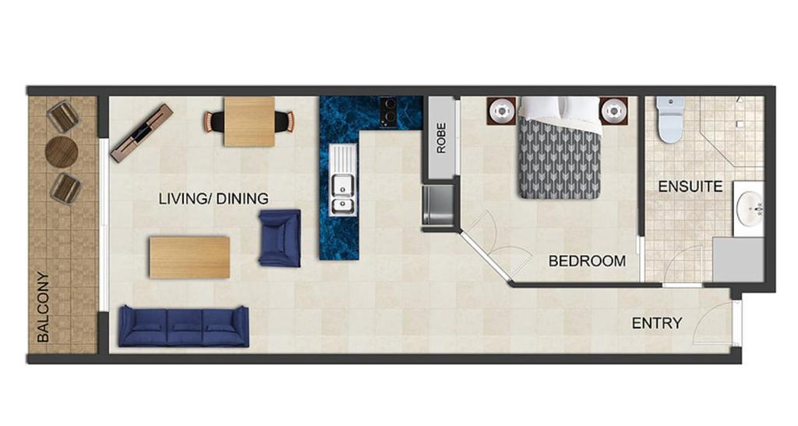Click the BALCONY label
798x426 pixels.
click(44, 307)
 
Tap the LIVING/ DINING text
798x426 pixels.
click(214, 199)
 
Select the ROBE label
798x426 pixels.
click(441, 137)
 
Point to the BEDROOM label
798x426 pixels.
click(587, 261)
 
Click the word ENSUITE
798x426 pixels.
click(690, 186)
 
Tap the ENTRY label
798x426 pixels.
click(656, 323)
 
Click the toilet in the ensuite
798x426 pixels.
click(669, 119)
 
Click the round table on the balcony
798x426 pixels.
click(62, 152)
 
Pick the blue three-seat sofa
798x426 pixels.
click(184, 327)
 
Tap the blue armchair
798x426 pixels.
click(280, 239)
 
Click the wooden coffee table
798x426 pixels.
click(189, 257)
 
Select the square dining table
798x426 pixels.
click(249, 122)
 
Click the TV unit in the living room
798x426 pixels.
click(142, 133)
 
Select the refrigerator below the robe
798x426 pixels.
click(438, 205)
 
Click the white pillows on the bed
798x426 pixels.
click(559, 109)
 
